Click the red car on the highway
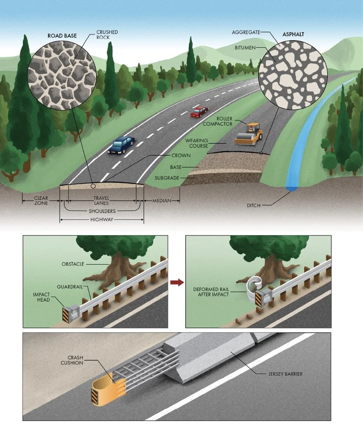point(199,111)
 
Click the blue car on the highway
point(121,145)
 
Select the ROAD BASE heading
point(62,36)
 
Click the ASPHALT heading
point(293,34)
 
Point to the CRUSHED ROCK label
point(107,34)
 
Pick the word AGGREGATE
point(246,33)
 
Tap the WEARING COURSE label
point(197,143)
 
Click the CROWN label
point(181,155)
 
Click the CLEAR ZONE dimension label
point(41,200)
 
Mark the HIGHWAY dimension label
point(101,220)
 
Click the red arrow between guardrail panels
point(177,282)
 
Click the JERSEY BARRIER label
point(283,374)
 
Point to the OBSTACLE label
point(73,264)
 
